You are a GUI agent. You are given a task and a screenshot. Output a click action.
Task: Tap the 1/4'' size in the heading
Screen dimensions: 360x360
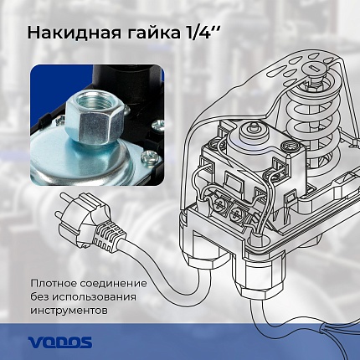(202, 33)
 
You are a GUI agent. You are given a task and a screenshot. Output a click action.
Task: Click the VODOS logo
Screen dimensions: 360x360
(59, 342)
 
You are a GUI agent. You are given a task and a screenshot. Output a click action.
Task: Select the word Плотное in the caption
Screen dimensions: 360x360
(54, 284)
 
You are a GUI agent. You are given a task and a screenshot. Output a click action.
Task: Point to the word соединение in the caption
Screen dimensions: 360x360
(113, 284)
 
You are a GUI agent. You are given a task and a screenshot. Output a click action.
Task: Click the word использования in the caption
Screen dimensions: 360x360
(95, 297)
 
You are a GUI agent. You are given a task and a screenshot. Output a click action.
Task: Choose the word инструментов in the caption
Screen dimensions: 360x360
(69, 311)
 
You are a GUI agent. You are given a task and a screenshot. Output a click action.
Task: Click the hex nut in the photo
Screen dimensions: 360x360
(95, 118)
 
